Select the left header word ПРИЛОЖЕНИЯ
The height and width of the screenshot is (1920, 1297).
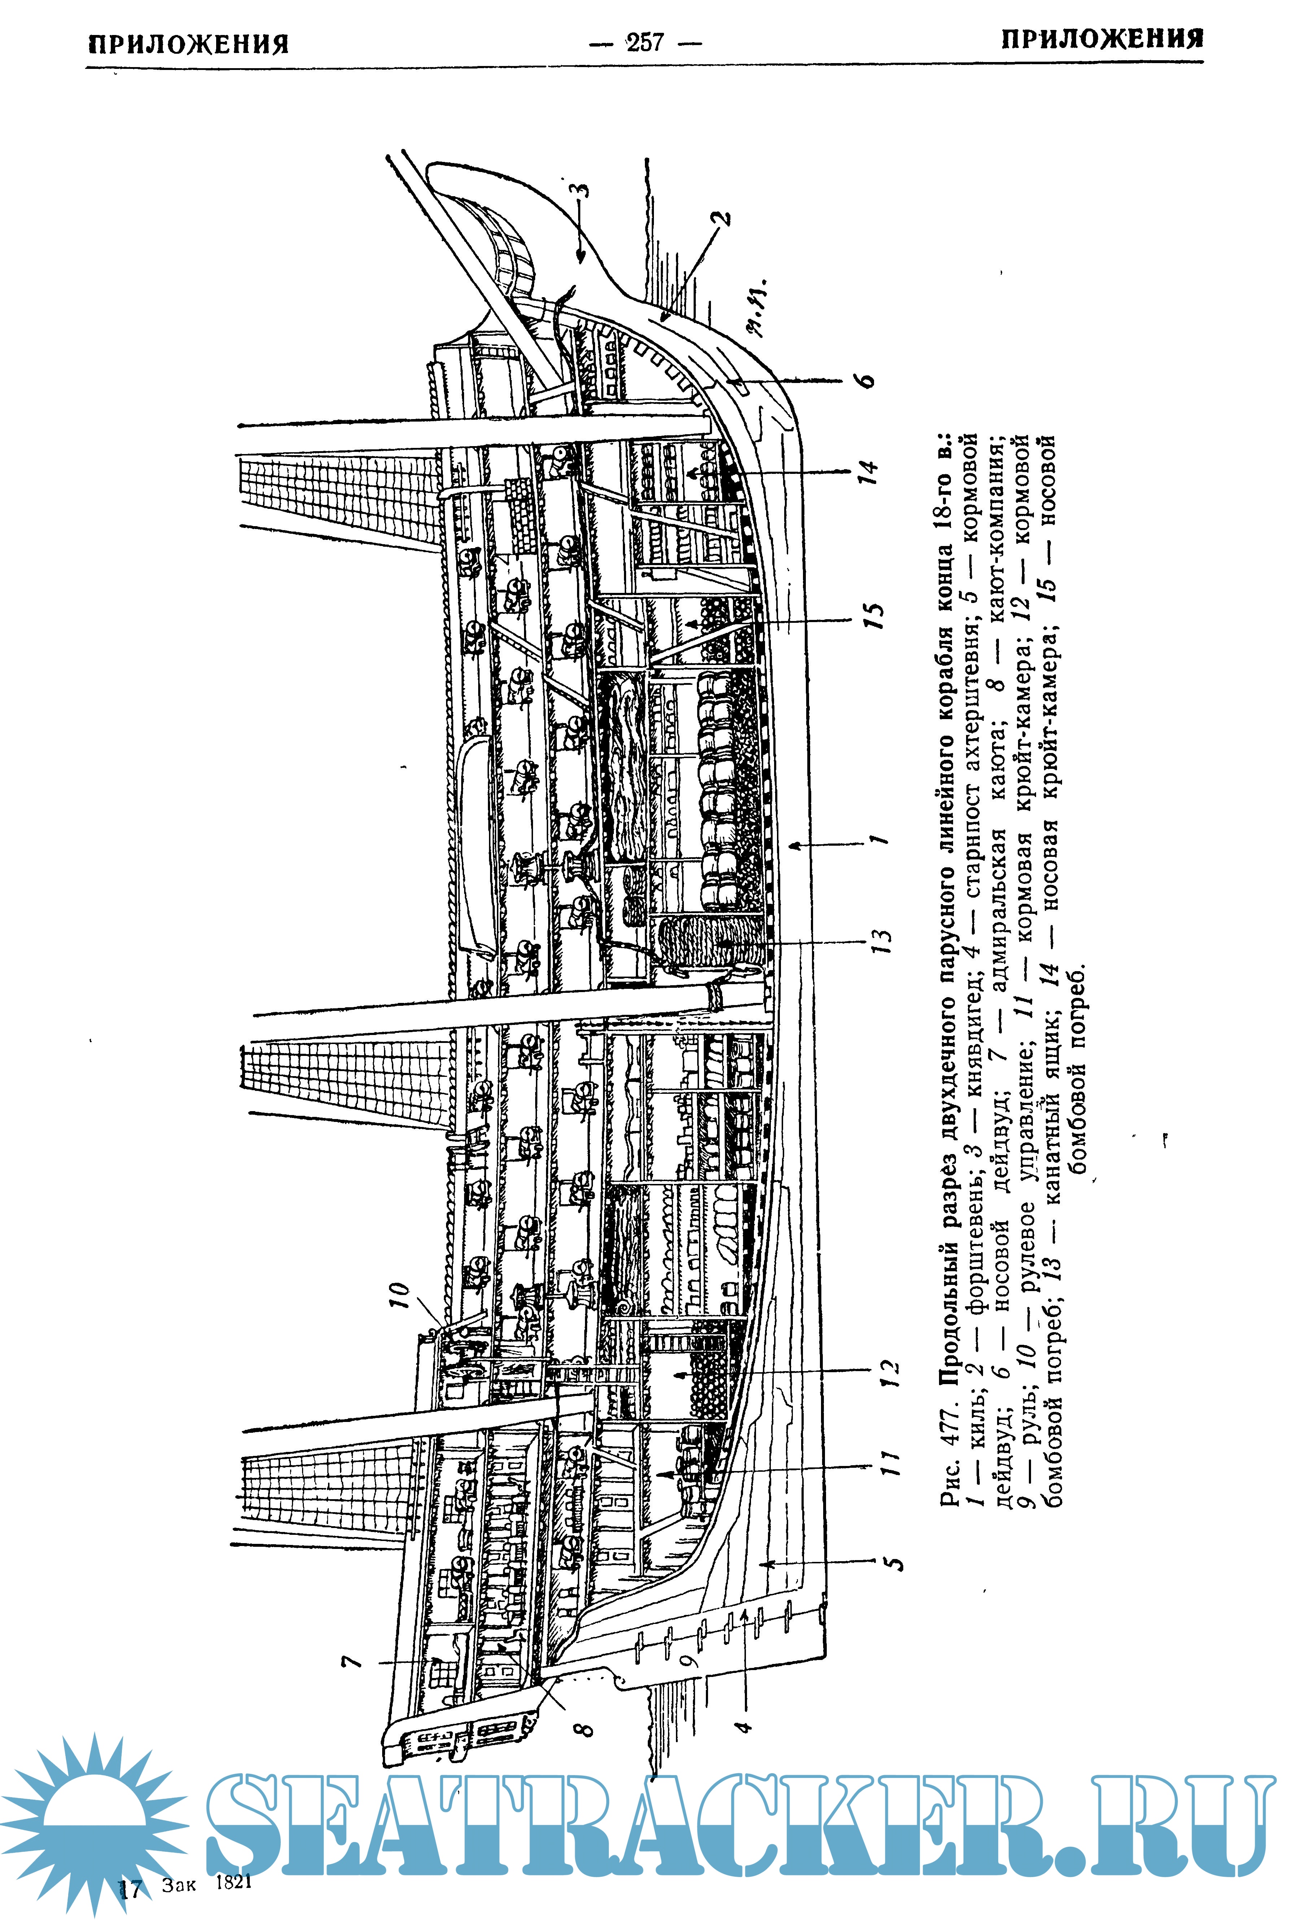[x=188, y=44]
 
